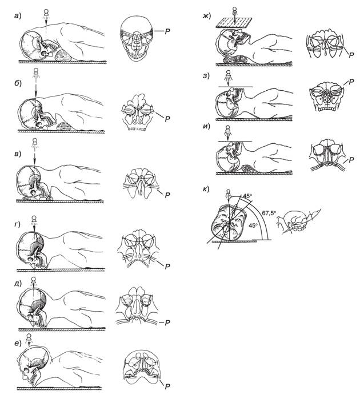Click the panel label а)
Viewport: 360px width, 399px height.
[x=18, y=16]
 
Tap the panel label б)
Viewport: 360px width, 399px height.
[x=18, y=83]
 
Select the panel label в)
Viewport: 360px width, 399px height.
[x=18, y=154]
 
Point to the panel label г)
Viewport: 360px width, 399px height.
[x=18, y=224]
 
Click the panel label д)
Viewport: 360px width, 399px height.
[x=18, y=283]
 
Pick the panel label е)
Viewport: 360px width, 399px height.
[x=18, y=343]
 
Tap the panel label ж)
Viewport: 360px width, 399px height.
[x=207, y=16]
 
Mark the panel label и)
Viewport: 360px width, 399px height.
[x=206, y=127]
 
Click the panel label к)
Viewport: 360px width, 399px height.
[x=206, y=189]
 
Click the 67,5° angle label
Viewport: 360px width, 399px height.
[x=269, y=213]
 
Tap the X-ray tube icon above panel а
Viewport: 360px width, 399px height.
[x=46, y=13]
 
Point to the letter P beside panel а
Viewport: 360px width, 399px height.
[x=167, y=31]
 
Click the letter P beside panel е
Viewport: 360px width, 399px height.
[x=167, y=394]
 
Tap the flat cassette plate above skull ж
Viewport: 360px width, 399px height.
[x=234, y=22]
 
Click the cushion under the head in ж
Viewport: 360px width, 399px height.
[x=235, y=60]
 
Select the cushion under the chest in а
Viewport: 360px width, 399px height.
[x=63, y=55]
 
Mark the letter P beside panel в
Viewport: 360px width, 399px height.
[x=167, y=195]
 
